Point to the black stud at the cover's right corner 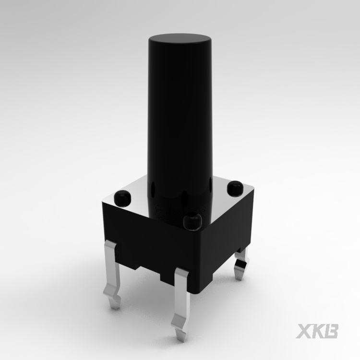pos(235,188)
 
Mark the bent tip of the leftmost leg pos(115,302)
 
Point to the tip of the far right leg pos(239,276)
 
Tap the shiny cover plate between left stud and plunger pos(137,197)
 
